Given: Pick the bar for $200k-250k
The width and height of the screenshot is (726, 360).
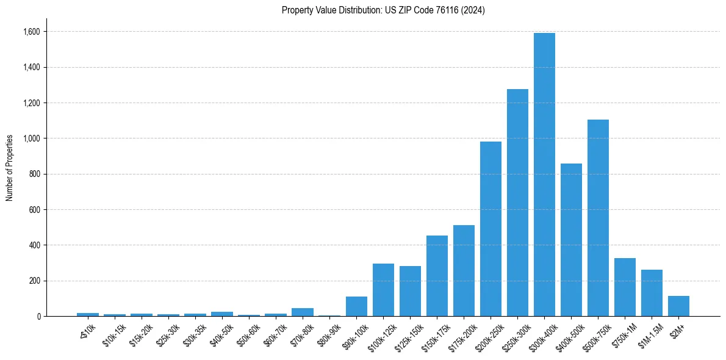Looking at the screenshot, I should coord(491,229).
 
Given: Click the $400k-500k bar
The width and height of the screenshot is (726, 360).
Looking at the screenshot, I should coord(571,240).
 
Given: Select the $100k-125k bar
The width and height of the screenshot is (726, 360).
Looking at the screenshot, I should coord(383,290).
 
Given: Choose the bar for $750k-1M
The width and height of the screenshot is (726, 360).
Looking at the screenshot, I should coord(625,287).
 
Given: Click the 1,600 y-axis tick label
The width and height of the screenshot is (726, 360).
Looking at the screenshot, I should coord(32,32).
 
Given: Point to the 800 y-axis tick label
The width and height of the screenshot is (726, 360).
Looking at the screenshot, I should coord(35,174).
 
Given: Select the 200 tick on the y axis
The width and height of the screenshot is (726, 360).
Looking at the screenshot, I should coord(35,281).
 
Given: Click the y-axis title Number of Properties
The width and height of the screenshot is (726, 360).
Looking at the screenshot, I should coord(9,167).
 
